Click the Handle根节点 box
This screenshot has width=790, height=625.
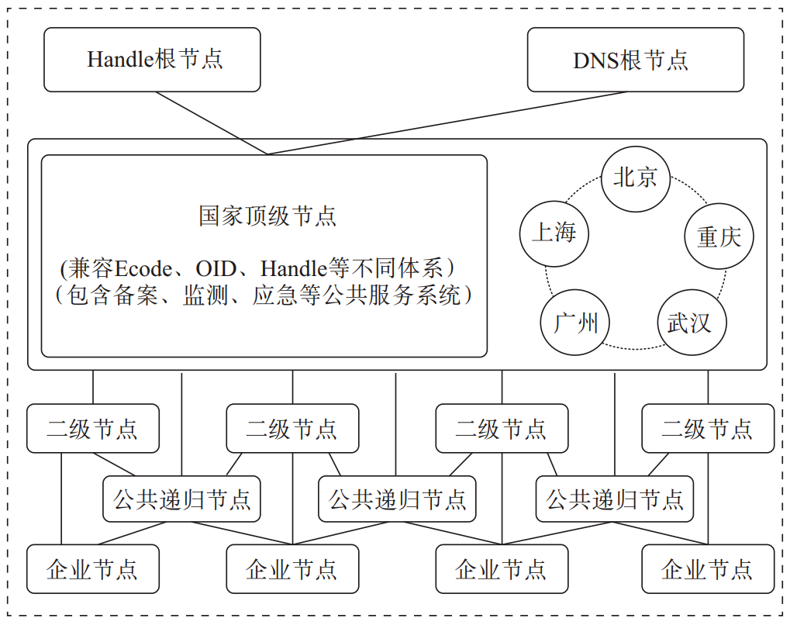pos(152,60)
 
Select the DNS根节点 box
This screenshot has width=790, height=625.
pos(635,60)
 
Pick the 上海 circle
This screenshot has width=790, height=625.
pos(554,233)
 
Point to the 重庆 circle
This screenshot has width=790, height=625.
pos(719,236)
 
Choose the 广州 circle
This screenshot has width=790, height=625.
pos(575,322)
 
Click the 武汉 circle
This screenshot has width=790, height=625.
pos(692,322)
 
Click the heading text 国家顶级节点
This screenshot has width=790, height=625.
pos(267,216)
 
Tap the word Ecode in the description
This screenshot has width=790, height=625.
pos(143,268)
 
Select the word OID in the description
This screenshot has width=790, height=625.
pos(216,268)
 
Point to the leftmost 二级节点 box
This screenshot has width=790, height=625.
pos(93,428)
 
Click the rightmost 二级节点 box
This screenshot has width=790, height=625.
pos(708,428)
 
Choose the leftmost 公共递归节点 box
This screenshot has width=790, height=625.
pos(181,499)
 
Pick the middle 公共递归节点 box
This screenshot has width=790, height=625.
pos(397,499)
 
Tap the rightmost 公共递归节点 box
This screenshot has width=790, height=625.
pos(614,499)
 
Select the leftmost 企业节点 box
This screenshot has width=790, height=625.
pos(93,568)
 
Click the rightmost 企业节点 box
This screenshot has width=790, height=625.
pos(708,568)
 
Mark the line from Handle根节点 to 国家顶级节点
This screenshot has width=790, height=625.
pos(211,123)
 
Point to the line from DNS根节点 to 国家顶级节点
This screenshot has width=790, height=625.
pos(447,123)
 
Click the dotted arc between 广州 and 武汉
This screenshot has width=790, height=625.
pos(633,348)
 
